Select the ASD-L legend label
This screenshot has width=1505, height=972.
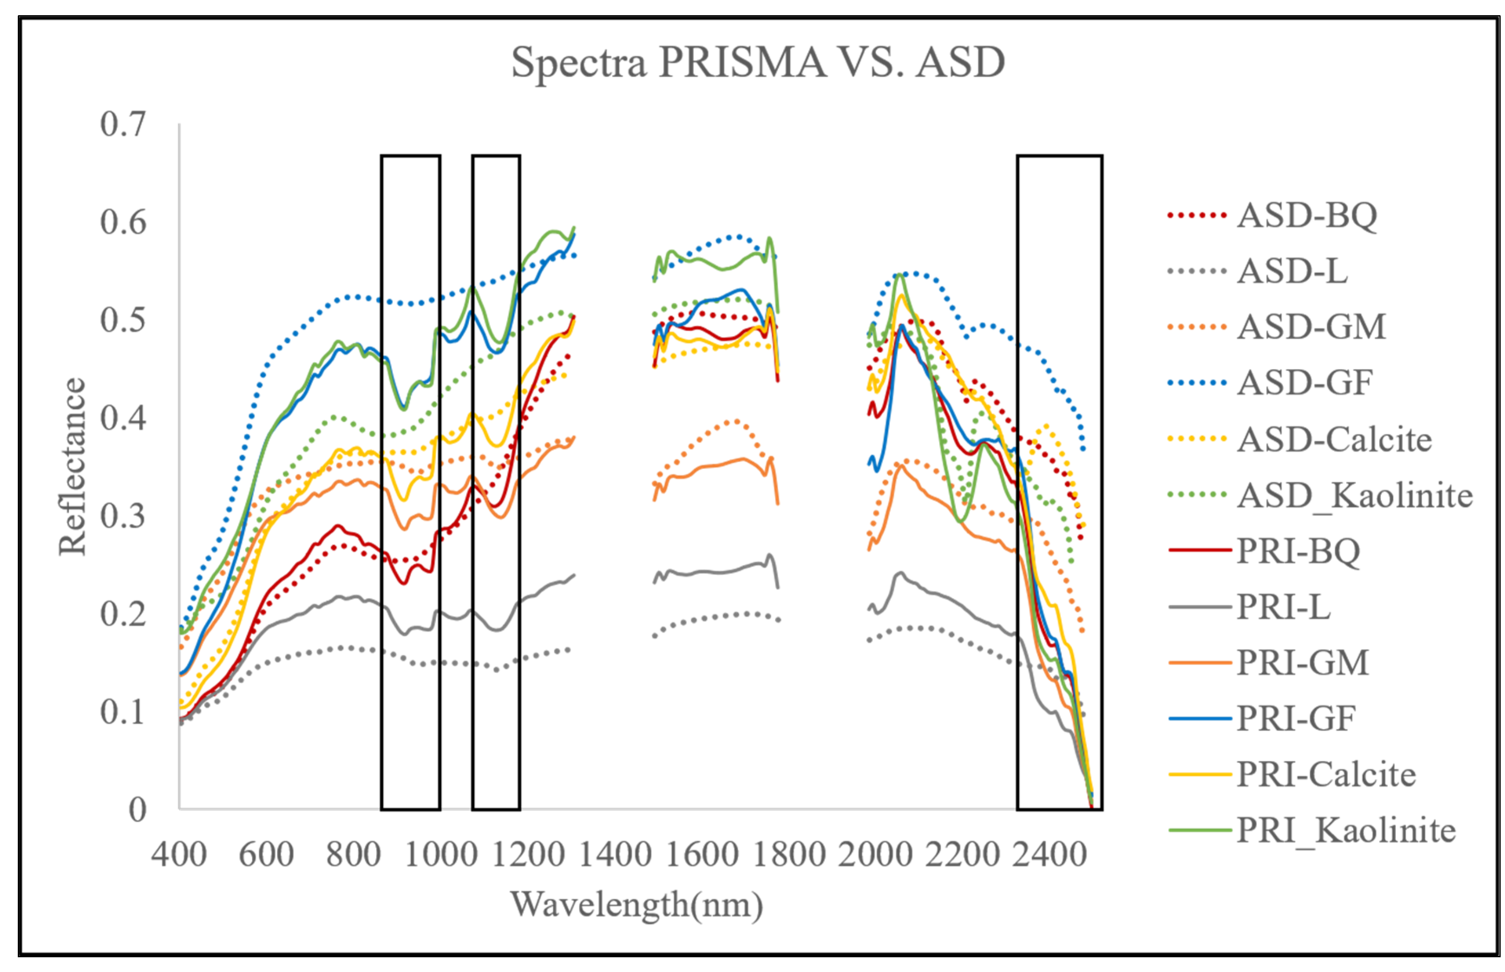click(x=1291, y=271)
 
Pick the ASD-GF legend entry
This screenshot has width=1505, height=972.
click(x=1304, y=382)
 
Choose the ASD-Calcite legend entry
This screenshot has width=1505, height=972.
click(x=1333, y=439)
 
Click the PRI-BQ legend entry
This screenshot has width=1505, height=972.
click(x=1297, y=551)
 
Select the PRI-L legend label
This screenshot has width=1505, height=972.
click(x=1283, y=607)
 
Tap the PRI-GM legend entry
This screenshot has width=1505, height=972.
click(x=1302, y=663)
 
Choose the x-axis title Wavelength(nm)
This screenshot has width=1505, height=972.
click(x=636, y=904)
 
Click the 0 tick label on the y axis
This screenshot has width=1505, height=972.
click(x=137, y=810)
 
